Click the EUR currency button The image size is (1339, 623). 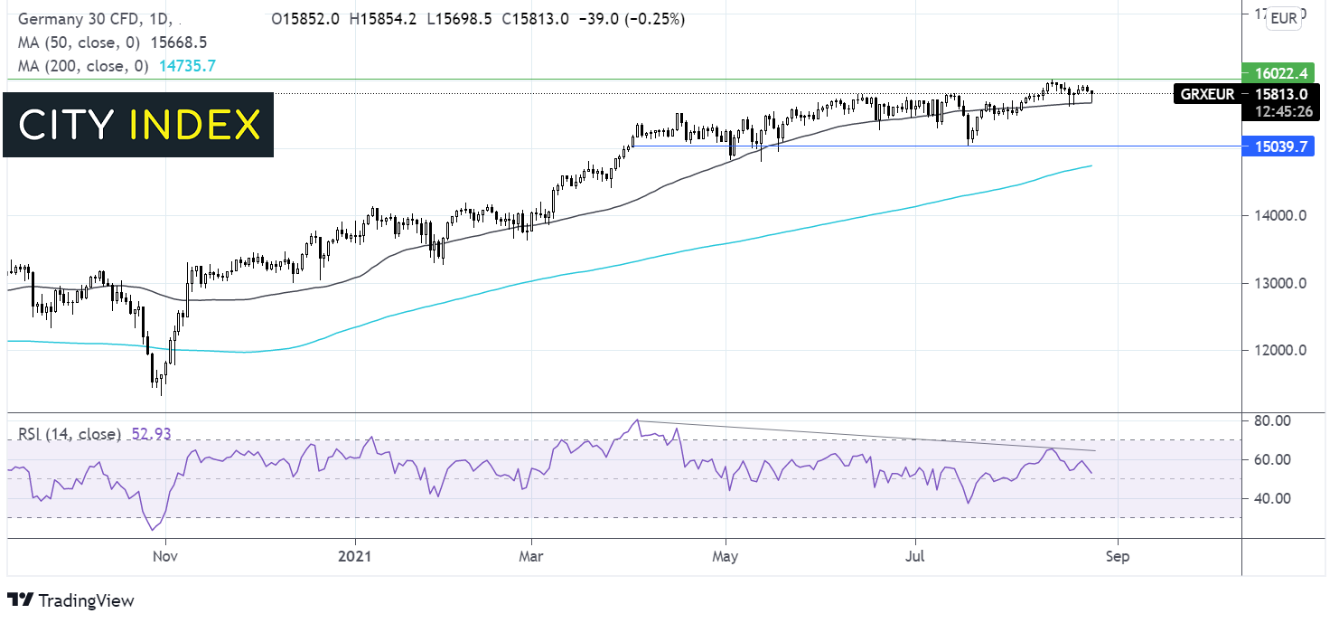click(x=1283, y=17)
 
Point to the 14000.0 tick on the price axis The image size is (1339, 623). click(x=1277, y=216)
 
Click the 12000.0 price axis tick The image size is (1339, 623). click(x=1277, y=351)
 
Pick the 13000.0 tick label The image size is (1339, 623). click(x=1277, y=284)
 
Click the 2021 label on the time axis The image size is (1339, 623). click(x=354, y=556)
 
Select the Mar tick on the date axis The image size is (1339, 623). click(x=531, y=556)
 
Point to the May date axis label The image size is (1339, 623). click(x=726, y=556)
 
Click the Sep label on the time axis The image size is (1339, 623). click(x=1117, y=556)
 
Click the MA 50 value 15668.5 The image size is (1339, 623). click(x=179, y=42)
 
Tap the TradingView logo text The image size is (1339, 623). click(x=86, y=600)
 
